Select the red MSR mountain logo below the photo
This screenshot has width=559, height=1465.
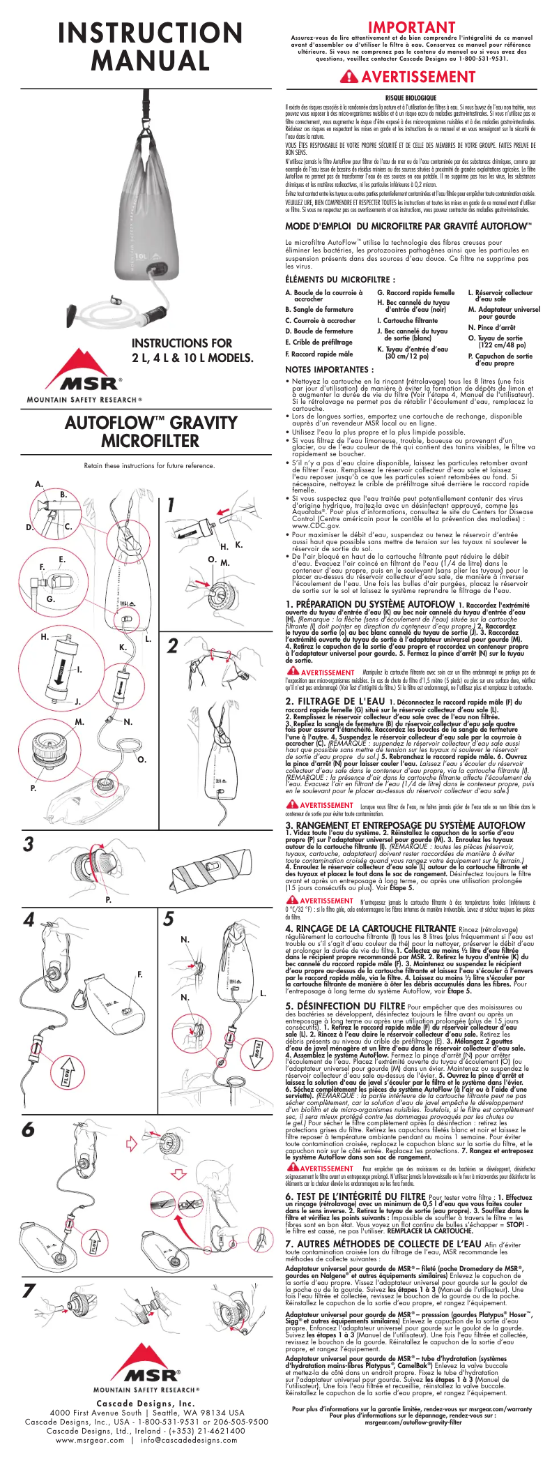tap(84, 369)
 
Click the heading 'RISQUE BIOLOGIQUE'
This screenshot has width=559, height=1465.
tap(411, 97)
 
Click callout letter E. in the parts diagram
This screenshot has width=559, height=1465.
tap(61, 559)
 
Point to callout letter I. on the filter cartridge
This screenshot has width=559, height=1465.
tap(79, 670)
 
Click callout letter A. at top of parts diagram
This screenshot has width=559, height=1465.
tap(39, 484)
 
